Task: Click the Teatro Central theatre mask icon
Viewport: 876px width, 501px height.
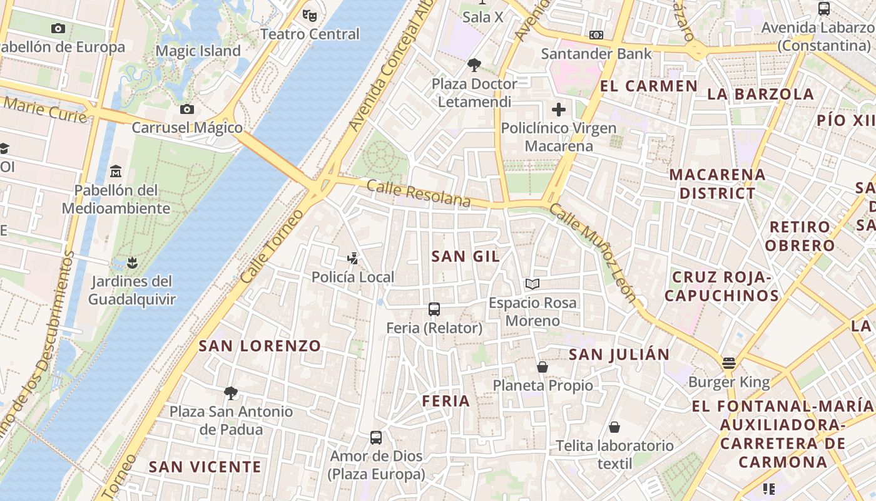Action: click(308, 14)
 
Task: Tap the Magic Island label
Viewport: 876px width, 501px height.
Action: click(198, 51)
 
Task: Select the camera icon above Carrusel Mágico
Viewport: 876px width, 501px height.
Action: click(186, 110)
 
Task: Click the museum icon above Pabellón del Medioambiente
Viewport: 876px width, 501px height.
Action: click(116, 171)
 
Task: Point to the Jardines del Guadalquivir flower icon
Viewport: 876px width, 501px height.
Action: click(131, 262)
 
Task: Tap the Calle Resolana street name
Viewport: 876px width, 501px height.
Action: click(418, 193)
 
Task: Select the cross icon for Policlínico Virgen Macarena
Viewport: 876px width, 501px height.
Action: click(558, 110)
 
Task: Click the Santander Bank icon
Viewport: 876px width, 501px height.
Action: click(596, 35)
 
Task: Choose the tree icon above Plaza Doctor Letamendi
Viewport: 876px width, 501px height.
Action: click(474, 65)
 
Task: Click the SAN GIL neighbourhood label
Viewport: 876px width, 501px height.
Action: click(466, 256)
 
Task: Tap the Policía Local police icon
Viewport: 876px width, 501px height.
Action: click(353, 258)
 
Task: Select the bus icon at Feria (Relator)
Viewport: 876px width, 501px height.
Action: click(434, 309)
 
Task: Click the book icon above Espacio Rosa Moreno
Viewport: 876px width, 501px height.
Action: click(532, 284)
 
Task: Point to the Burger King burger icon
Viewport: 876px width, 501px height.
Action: click(728, 363)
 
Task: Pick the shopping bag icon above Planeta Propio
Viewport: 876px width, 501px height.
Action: click(542, 366)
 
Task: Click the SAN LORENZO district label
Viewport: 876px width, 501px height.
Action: click(260, 346)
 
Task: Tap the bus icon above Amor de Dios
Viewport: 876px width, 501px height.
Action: click(376, 438)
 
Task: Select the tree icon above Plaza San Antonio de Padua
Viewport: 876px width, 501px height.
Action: click(231, 393)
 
